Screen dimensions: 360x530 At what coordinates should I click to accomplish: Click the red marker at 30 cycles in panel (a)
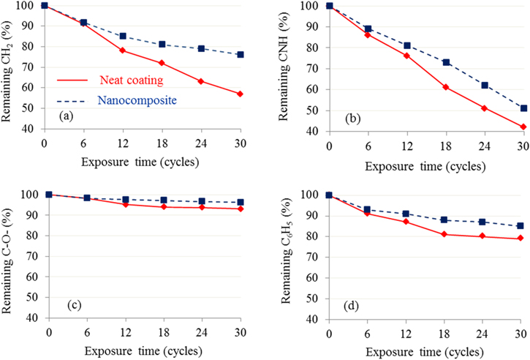(x=240, y=94)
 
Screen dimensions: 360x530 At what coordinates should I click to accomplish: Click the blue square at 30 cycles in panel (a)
(x=240, y=54)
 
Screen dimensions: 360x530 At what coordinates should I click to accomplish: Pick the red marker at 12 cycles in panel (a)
(x=123, y=50)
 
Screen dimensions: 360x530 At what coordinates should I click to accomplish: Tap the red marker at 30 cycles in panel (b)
(x=523, y=127)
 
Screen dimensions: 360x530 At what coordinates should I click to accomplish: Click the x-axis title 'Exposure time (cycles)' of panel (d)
(x=425, y=351)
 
